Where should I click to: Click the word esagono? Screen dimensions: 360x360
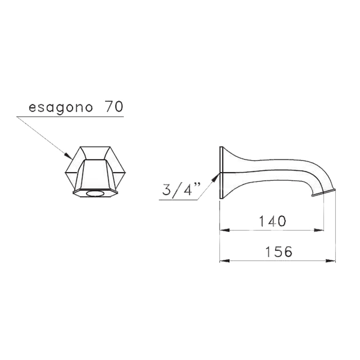point(61,107)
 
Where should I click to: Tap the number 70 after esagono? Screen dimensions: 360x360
point(114,106)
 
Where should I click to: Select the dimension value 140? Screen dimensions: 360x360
point(272,221)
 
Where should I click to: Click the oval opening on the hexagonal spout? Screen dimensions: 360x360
point(95,193)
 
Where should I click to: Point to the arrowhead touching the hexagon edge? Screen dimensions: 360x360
point(68,156)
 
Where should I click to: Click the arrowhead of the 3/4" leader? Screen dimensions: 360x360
point(215,177)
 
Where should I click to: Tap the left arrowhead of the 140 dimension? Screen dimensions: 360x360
point(225,230)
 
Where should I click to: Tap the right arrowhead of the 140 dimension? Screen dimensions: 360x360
point(319,230)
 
